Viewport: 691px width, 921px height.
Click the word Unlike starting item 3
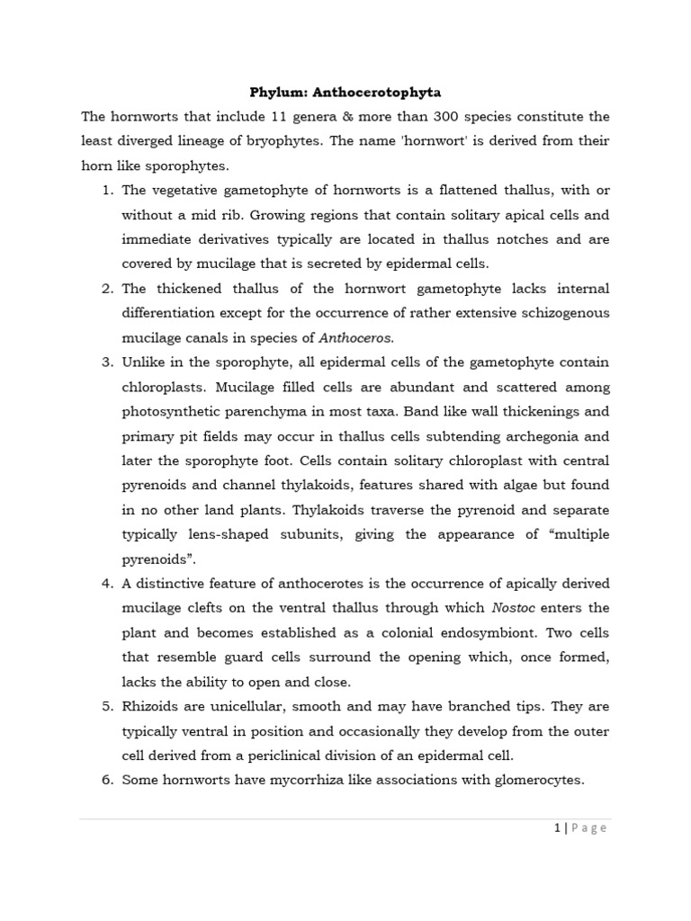(144, 362)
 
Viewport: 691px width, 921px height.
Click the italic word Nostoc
(516, 584)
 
